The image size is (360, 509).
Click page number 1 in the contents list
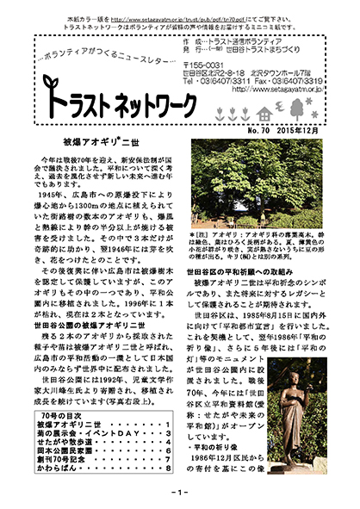click(x=164, y=428)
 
